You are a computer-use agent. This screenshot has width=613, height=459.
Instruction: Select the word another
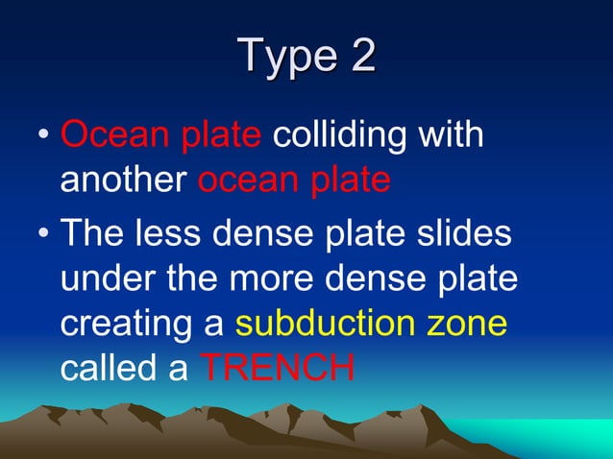124,181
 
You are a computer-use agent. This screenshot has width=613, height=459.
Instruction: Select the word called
107,369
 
